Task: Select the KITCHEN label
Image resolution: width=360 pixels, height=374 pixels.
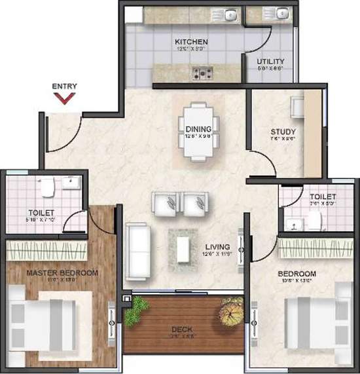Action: pyautogui.click(x=191, y=41)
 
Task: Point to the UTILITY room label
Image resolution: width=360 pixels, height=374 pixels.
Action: pyautogui.click(x=270, y=61)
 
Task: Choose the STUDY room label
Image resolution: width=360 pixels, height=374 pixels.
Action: pyautogui.click(x=283, y=132)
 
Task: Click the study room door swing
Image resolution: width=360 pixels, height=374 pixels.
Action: pyautogui.click(x=259, y=164)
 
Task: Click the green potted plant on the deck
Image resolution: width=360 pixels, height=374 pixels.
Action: pyautogui.click(x=136, y=309)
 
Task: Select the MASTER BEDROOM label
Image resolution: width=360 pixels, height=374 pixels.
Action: pyautogui.click(x=62, y=273)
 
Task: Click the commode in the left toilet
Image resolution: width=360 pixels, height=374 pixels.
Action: pyautogui.click(x=46, y=188)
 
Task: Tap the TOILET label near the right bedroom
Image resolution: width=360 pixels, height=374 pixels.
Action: pyautogui.click(x=323, y=196)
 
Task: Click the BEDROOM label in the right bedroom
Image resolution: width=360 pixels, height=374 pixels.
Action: pyautogui.click(x=297, y=273)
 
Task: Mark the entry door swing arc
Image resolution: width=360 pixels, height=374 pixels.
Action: pyautogui.click(x=71, y=134)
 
